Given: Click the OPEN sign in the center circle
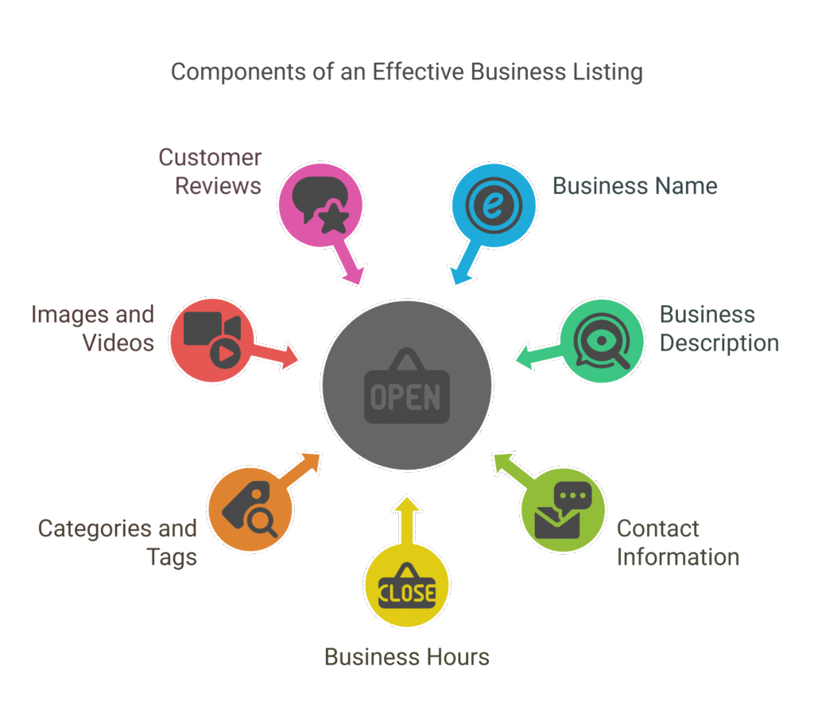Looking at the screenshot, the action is (x=407, y=385).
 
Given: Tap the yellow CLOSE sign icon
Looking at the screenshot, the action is (x=407, y=586).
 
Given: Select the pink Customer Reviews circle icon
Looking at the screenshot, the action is (x=321, y=204).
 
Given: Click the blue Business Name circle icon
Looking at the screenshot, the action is (x=493, y=205).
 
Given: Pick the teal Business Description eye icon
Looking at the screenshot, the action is (x=603, y=341).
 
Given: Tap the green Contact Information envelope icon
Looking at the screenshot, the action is (x=564, y=510).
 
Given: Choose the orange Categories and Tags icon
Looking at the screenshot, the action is (x=250, y=509).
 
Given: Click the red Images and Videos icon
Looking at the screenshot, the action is (x=212, y=340).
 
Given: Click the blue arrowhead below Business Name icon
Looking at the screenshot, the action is (x=459, y=276).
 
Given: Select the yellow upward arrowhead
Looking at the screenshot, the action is (x=407, y=505).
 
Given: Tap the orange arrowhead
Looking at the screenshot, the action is (x=312, y=461).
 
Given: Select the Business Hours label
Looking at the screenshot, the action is (x=407, y=657).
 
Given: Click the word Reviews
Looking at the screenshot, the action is (x=218, y=186).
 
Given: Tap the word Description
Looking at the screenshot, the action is (x=719, y=343).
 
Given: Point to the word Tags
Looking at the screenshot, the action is (x=172, y=558).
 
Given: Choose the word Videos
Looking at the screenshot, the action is (x=118, y=343).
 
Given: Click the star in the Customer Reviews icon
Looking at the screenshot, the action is (x=332, y=219).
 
